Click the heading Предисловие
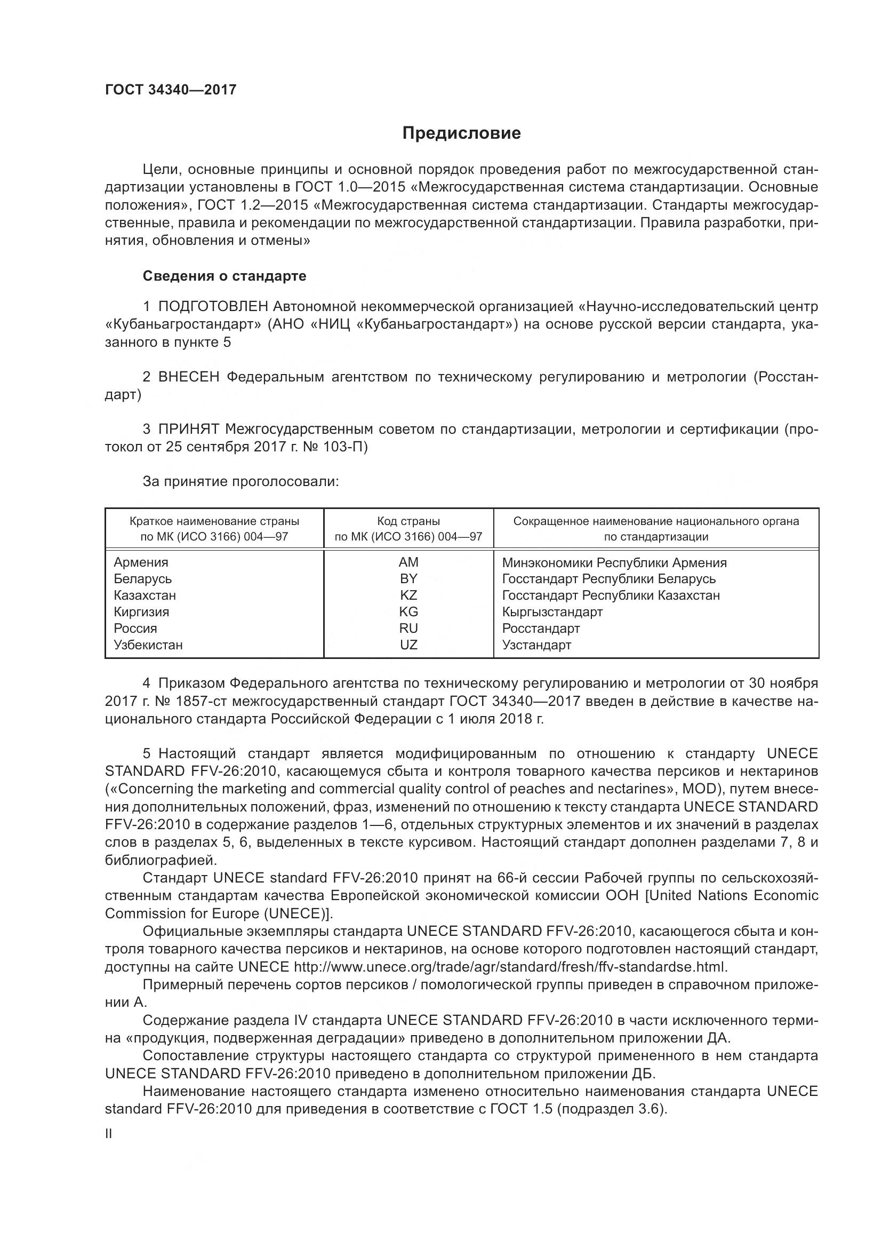[461, 133]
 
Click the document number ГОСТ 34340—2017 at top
[171, 90]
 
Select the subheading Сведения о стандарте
[224, 276]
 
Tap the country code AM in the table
[408, 562]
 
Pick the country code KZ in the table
[408, 595]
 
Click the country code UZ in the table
[408, 645]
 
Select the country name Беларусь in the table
[142, 579]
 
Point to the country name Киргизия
[141, 612]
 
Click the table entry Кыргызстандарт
[552, 612]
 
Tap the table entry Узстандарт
[536, 645]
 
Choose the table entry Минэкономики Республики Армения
[614, 562]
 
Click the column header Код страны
[408, 521]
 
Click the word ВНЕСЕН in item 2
[188, 377]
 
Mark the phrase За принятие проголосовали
[240, 482]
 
